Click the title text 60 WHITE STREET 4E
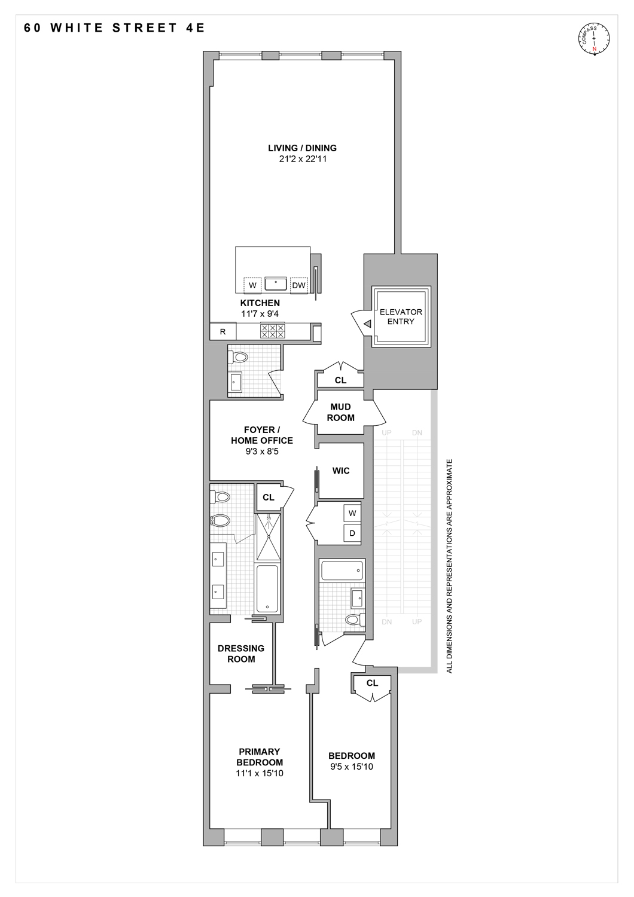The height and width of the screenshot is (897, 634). coord(114,28)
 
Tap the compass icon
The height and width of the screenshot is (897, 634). coord(594,38)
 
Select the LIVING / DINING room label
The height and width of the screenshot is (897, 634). coord(302,148)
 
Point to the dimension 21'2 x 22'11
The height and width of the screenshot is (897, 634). coord(302,160)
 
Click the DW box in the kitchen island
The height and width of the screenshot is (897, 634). coord(298,285)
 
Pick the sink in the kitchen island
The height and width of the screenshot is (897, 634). coord(275,283)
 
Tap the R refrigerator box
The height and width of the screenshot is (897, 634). coord(223,331)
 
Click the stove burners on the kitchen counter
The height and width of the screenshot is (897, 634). coord(272,331)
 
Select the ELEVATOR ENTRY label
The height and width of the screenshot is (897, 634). coord(401,316)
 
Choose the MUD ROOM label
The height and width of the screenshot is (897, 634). coord(340,412)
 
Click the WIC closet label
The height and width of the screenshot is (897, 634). coord(341,471)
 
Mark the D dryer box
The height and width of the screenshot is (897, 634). coord(352,533)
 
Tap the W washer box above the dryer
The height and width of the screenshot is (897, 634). coord(352,513)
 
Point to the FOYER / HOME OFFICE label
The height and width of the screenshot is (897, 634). coord(262,435)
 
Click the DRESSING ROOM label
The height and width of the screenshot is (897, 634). coord(241,654)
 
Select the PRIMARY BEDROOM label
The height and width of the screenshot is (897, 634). coord(260,757)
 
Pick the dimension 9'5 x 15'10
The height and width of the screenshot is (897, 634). coord(351,767)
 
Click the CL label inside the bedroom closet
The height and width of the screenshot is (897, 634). coord(372,683)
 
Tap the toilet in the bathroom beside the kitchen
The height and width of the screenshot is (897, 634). coord(239,357)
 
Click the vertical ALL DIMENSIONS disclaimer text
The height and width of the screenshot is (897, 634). coord(450,566)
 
